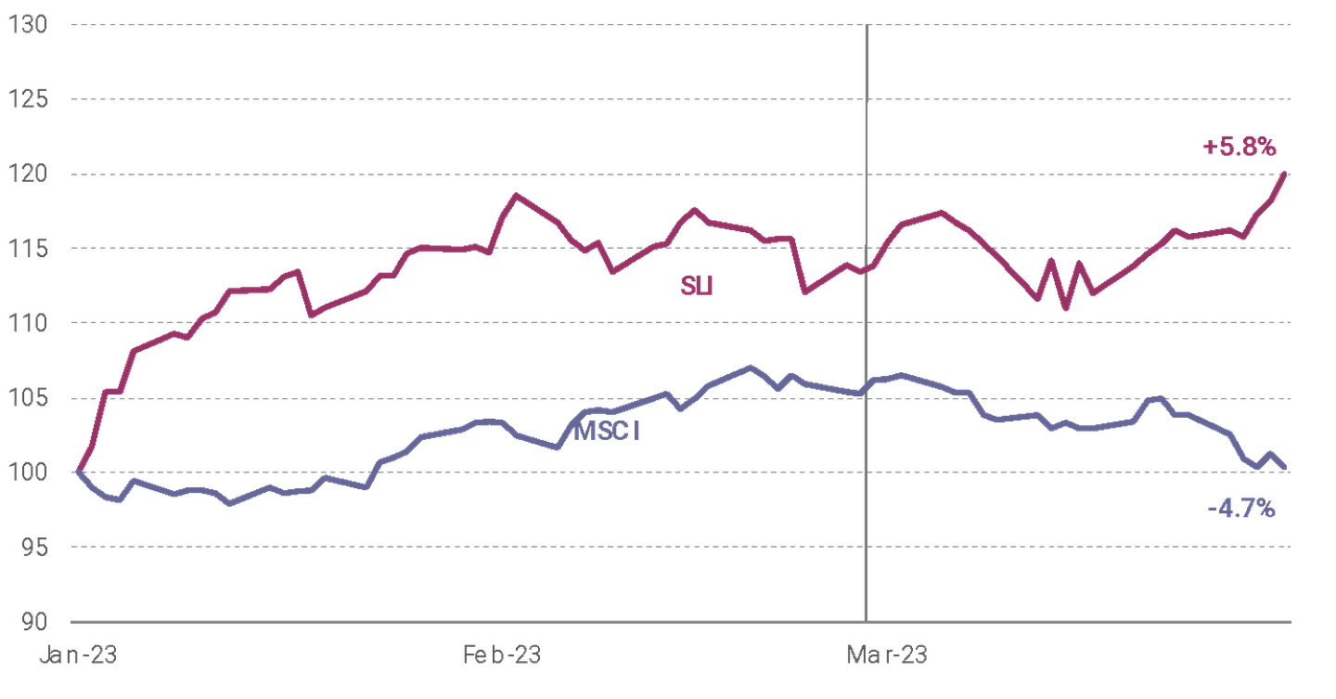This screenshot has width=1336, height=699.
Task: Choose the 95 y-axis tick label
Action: (x=30, y=547)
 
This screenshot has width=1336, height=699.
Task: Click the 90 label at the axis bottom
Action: (x=30, y=621)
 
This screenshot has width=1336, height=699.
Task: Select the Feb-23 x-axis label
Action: (x=502, y=655)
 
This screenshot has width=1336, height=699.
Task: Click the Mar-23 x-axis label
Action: (x=886, y=655)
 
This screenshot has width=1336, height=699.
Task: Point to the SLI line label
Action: (x=698, y=286)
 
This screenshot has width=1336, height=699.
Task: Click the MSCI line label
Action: (x=608, y=432)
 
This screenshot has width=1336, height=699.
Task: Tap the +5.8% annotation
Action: (x=1240, y=147)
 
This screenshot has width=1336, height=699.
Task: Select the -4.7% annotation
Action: (x=1241, y=509)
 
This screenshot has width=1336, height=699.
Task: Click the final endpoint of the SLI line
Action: (x=1285, y=173)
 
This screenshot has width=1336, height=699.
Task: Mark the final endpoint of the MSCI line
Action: (x=1286, y=469)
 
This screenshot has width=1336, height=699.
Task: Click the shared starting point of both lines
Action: (x=76, y=472)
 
